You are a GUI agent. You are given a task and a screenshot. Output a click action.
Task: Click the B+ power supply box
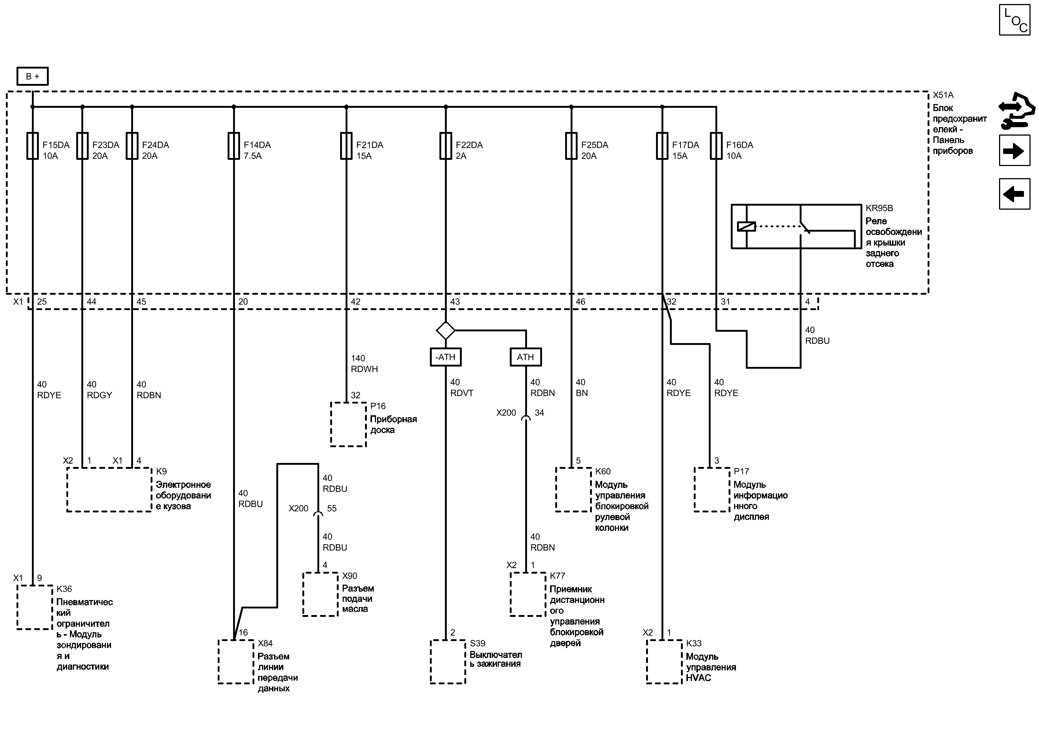(x=32, y=76)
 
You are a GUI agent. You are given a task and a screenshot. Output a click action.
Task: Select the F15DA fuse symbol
(x=33, y=146)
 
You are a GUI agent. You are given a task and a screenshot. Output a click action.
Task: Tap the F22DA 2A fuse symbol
(x=445, y=146)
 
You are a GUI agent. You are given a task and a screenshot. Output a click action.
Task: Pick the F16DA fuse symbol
(x=716, y=146)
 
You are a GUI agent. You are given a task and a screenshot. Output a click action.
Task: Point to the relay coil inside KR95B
(x=746, y=226)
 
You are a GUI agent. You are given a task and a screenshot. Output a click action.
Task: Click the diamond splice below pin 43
(x=445, y=330)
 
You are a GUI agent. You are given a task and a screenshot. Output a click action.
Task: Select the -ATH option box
(x=445, y=357)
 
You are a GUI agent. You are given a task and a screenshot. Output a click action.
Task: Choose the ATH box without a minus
(x=526, y=357)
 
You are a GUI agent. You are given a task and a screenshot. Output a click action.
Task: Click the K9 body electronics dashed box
(x=109, y=489)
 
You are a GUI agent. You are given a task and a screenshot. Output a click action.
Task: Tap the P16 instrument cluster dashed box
(x=348, y=424)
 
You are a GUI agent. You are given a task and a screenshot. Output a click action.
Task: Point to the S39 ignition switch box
(x=448, y=661)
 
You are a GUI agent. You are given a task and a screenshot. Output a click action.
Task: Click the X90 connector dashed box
(x=320, y=594)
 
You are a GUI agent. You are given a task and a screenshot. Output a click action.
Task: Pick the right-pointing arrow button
(x=1014, y=151)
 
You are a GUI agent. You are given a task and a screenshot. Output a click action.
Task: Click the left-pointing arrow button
(x=1014, y=194)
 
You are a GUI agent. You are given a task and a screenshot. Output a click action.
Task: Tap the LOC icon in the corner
(x=1014, y=19)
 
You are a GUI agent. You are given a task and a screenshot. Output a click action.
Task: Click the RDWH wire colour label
(x=364, y=369)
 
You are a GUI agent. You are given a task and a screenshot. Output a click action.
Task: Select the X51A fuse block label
(x=943, y=95)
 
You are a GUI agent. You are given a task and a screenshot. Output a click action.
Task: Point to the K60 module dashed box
(x=573, y=489)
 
